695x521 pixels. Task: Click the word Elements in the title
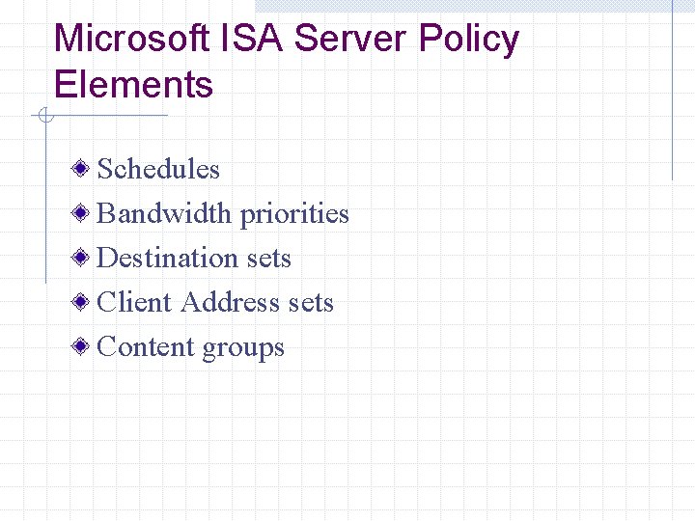click(133, 85)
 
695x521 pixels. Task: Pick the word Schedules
click(159, 169)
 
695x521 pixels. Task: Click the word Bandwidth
click(165, 213)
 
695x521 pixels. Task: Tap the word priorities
click(294, 214)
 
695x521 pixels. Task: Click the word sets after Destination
click(268, 259)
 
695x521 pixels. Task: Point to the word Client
click(135, 302)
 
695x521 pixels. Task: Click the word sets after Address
click(311, 303)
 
